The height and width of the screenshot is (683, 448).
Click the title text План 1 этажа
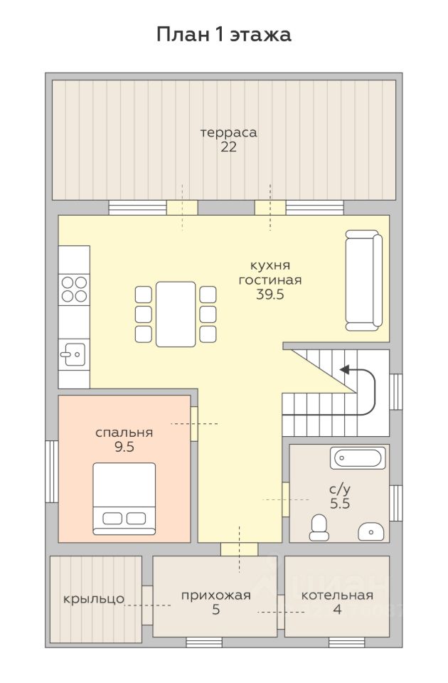click(224, 35)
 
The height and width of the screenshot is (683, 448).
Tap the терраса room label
click(228, 132)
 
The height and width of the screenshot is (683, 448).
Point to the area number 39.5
click(270, 295)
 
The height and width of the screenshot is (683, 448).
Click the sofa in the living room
click(364, 280)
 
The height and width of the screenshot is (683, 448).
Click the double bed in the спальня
click(124, 499)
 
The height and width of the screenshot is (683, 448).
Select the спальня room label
click(124, 433)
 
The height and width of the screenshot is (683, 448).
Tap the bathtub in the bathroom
click(358, 457)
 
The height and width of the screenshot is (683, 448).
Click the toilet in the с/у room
click(319, 527)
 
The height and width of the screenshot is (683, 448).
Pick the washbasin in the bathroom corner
click(371, 532)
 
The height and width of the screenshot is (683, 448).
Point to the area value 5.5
click(340, 504)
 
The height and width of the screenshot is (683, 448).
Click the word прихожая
click(216, 595)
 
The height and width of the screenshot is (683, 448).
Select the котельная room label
click(337, 595)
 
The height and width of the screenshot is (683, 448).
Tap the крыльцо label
click(94, 599)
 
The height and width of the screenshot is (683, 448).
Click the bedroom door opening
click(194, 423)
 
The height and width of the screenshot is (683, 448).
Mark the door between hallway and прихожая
click(239, 549)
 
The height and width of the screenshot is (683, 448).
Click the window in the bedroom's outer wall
click(52, 472)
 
